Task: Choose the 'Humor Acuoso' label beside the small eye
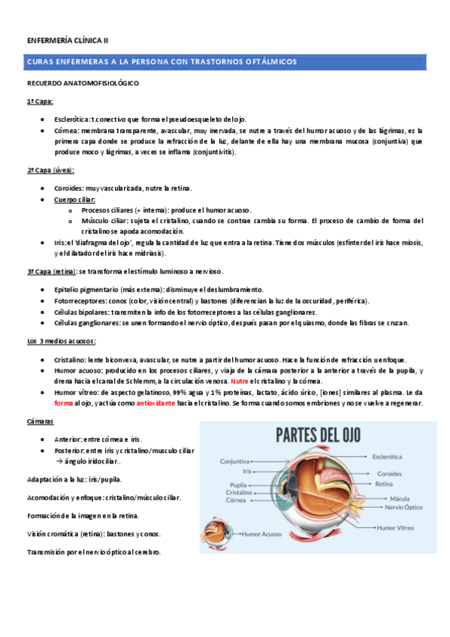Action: [263, 535]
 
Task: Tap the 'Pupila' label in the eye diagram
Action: [238, 485]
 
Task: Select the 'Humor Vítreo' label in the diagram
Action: [395, 528]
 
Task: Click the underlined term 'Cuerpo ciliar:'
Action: [75, 200]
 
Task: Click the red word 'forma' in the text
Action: [64, 403]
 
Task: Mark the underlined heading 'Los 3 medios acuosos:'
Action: [62, 342]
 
